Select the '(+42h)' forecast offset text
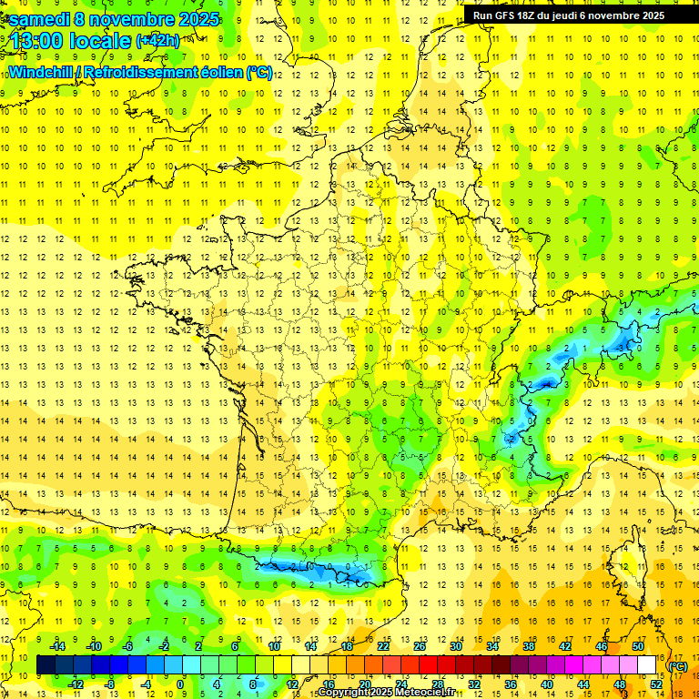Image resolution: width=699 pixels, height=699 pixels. pyautogui.click(x=157, y=41)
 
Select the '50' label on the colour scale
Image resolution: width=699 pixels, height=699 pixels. pyautogui.click(x=638, y=646)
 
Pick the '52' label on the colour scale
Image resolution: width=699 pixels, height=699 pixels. pyautogui.click(x=655, y=684)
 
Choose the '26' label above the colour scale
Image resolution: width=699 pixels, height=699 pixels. pyautogui.click(x=420, y=646)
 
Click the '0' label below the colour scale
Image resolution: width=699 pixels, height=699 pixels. pyautogui.click(x=180, y=684)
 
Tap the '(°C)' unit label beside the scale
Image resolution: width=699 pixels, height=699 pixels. pyautogui.click(x=678, y=665)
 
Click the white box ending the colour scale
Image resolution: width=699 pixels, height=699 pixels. pyautogui.click(x=647, y=665)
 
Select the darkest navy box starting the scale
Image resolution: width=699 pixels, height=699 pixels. pyautogui.click(x=46, y=665)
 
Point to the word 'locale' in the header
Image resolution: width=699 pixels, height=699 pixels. pyautogui.click(x=99, y=41)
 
